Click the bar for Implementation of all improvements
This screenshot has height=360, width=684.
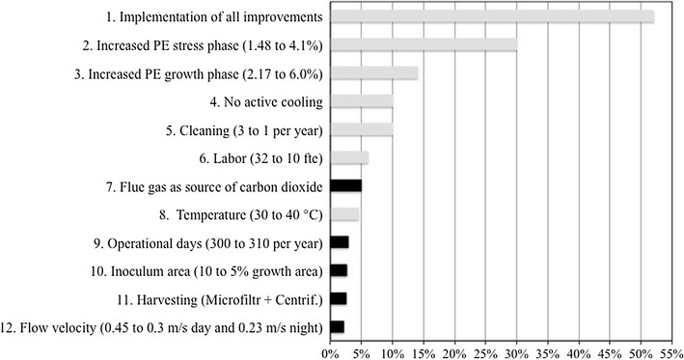pos(492,16)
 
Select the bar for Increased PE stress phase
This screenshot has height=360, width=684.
pos(424,44)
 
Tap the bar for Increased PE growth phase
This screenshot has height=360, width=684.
pos(374,72)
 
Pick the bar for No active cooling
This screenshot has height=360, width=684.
pos(362,101)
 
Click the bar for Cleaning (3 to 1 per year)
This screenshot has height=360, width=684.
pos(362,129)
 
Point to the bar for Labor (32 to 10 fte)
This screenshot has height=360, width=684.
pos(349,157)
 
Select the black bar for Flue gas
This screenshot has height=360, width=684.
pos(346,185)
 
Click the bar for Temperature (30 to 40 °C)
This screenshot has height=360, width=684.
pos(344,214)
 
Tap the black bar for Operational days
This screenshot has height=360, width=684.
pos(340,242)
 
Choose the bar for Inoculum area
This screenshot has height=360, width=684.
pos(339,270)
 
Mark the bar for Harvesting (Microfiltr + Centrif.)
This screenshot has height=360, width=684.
pos(339,298)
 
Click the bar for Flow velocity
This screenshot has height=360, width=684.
pos(337,327)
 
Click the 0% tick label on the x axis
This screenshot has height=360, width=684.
pos(331,351)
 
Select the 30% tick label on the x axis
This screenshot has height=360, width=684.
pos(516,351)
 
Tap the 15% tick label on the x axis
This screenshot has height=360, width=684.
pos(424,351)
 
